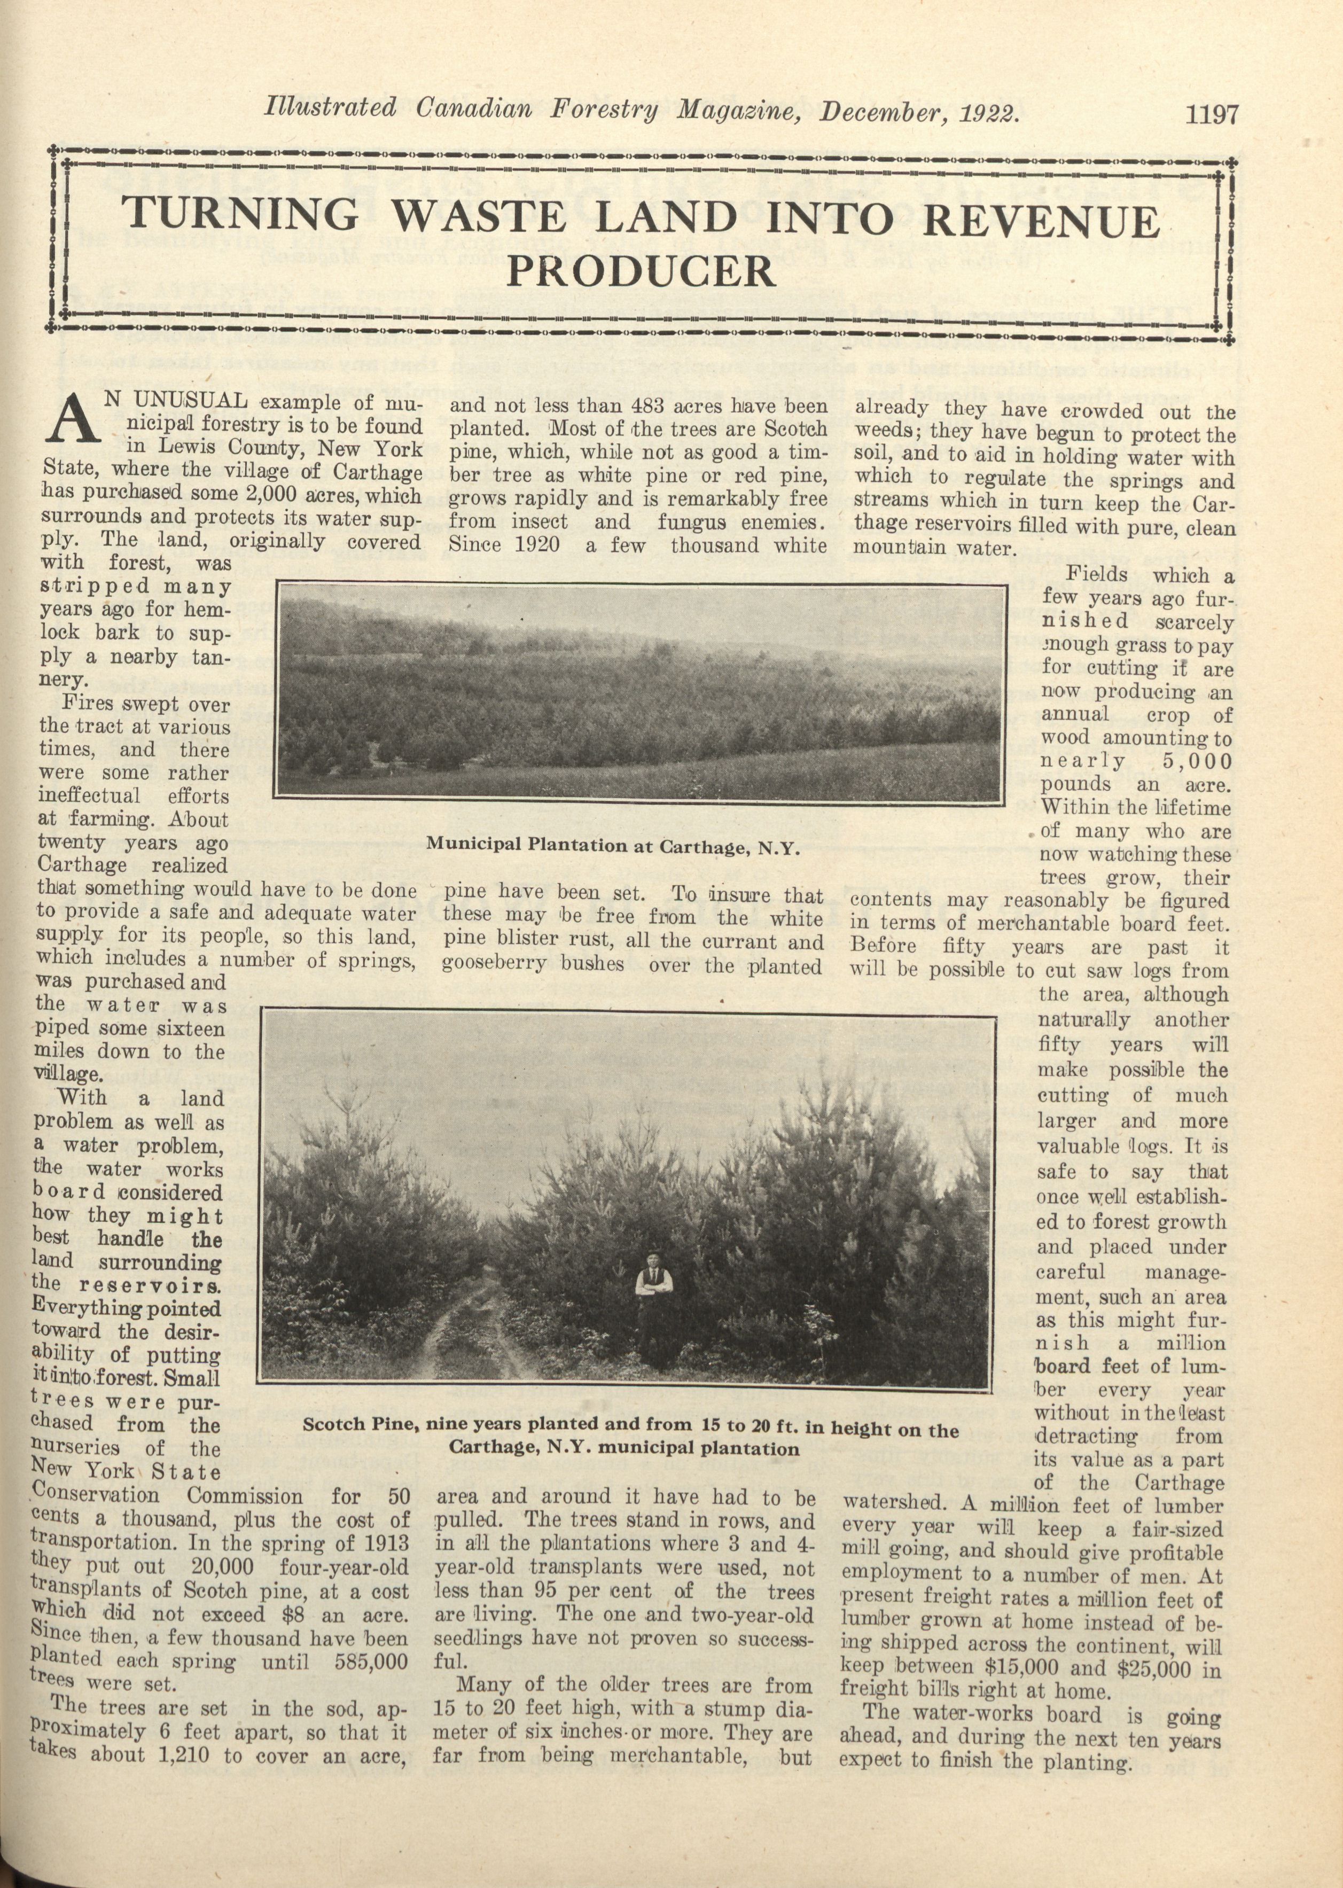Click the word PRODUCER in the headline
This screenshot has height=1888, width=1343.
[x=641, y=270]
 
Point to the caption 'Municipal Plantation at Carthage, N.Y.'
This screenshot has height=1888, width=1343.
[x=613, y=846]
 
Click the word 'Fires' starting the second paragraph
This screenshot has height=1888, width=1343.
[x=89, y=705]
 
